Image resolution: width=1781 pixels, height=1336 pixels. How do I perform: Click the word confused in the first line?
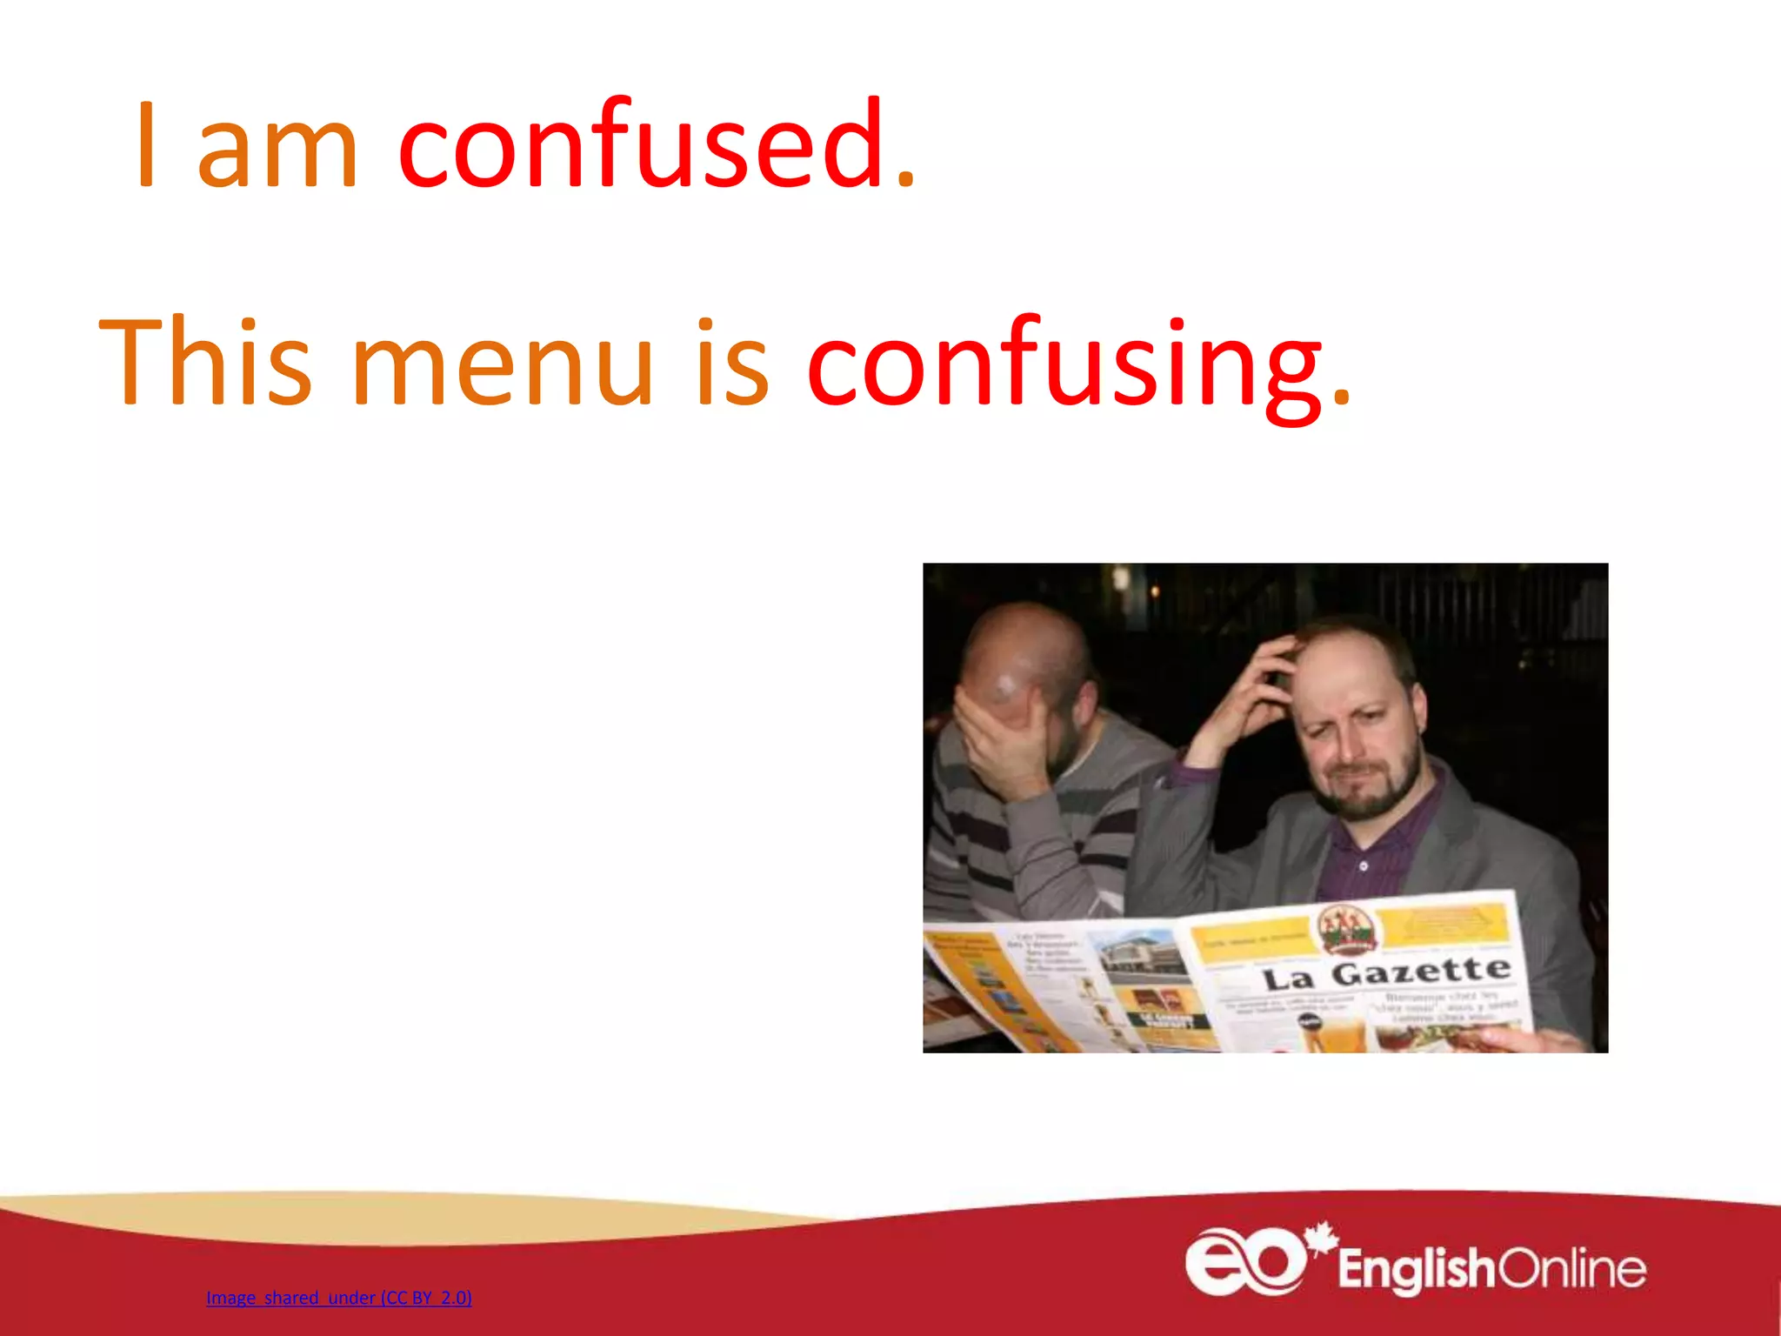tap(657, 145)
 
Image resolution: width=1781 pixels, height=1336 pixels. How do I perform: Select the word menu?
tap(502, 363)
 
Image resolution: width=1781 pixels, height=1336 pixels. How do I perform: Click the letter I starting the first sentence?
tap(146, 145)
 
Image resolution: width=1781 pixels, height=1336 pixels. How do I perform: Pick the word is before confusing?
tap(731, 363)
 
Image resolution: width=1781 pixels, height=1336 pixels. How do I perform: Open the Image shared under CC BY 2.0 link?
tap(338, 1298)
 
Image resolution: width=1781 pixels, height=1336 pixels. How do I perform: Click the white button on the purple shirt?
tap(1363, 866)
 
